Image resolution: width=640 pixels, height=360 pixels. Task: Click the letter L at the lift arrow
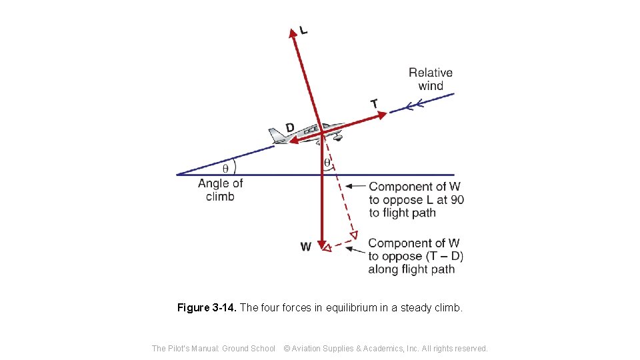pyautogui.click(x=304, y=29)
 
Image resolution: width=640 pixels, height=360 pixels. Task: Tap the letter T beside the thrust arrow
pyautogui.click(x=374, y=103)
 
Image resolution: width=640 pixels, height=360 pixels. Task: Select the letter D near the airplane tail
pyautogui.click(x=289, y=127)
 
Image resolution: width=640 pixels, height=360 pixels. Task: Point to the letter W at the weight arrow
pyautogui.click(x=305, y=247)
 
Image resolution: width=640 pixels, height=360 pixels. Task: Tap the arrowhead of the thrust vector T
pyautogui.click(x=382, y=115)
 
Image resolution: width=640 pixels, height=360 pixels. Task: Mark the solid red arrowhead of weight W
pyautogui.click(x=321, y=245)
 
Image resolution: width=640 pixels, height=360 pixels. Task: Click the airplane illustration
pyautogui.click(x=307, y=133)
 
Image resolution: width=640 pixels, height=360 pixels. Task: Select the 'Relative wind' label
pyautogui.click(x=430, y=79)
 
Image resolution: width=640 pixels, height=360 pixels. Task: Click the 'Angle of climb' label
pyautogui.click(x=220, y=189)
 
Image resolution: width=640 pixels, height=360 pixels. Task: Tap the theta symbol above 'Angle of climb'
pyautogui.click(x=225, y=167)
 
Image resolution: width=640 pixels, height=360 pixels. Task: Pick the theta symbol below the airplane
pyautogui.click(x=327, y=162)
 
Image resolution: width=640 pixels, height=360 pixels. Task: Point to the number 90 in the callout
pyautogui.click(x=457, y=200)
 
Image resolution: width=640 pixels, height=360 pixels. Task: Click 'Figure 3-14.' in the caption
pyautogui.click(x=207, y=308)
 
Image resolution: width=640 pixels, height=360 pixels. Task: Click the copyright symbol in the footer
pyautogui.click(x=287, y=348)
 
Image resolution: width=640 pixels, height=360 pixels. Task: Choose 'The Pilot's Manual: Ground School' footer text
pyautogui.click(x=213, y=348)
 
